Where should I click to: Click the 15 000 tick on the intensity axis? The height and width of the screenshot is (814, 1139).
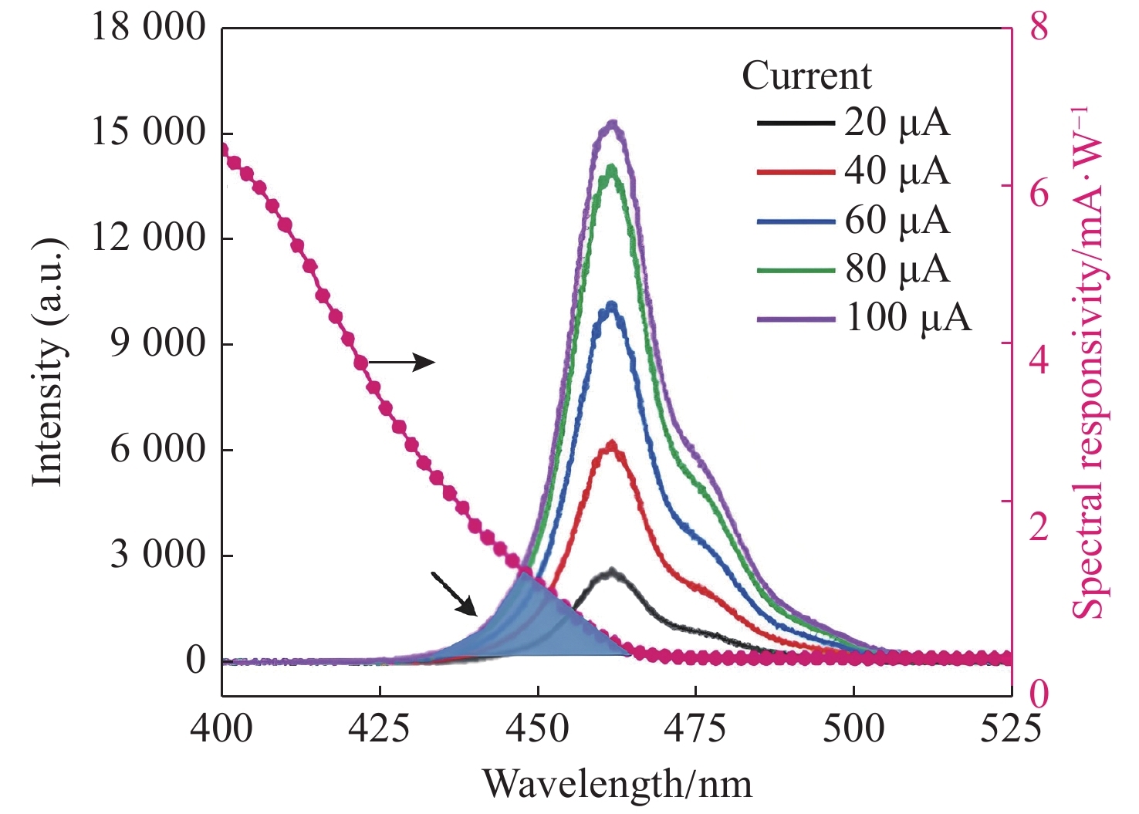148,132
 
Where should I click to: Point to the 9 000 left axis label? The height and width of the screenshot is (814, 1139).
157,343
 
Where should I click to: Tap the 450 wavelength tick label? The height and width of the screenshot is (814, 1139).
537,728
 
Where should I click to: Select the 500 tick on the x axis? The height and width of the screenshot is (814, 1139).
853,728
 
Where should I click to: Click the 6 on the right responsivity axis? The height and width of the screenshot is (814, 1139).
1039,193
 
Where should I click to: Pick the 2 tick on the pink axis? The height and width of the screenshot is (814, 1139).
1039,526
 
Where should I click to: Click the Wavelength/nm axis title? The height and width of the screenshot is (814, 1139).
617,785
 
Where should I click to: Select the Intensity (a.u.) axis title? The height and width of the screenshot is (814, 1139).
48,363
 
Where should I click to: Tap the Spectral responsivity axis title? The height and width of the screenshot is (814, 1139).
1088,363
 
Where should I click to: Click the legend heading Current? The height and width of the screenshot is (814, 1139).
806,76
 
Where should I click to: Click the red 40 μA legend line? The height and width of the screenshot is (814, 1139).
796,171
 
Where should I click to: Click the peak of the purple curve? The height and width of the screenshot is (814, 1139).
613,123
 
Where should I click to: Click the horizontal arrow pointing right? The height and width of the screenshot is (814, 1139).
402,361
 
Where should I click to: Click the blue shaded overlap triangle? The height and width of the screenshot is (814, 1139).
540,625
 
